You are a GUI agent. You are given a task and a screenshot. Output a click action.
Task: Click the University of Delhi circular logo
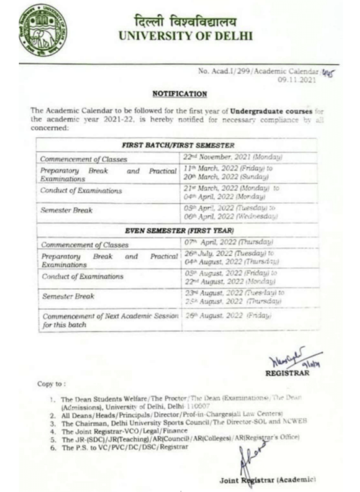tap(43, 29)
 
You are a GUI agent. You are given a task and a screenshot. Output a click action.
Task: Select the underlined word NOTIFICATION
tap(180, 94)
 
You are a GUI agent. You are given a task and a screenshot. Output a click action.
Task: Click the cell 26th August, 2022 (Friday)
tap(228, 316)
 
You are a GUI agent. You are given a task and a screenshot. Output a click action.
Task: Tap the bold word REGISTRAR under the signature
tap(288, 373)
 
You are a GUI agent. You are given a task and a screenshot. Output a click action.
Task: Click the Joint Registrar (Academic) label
tap(267, 480)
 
